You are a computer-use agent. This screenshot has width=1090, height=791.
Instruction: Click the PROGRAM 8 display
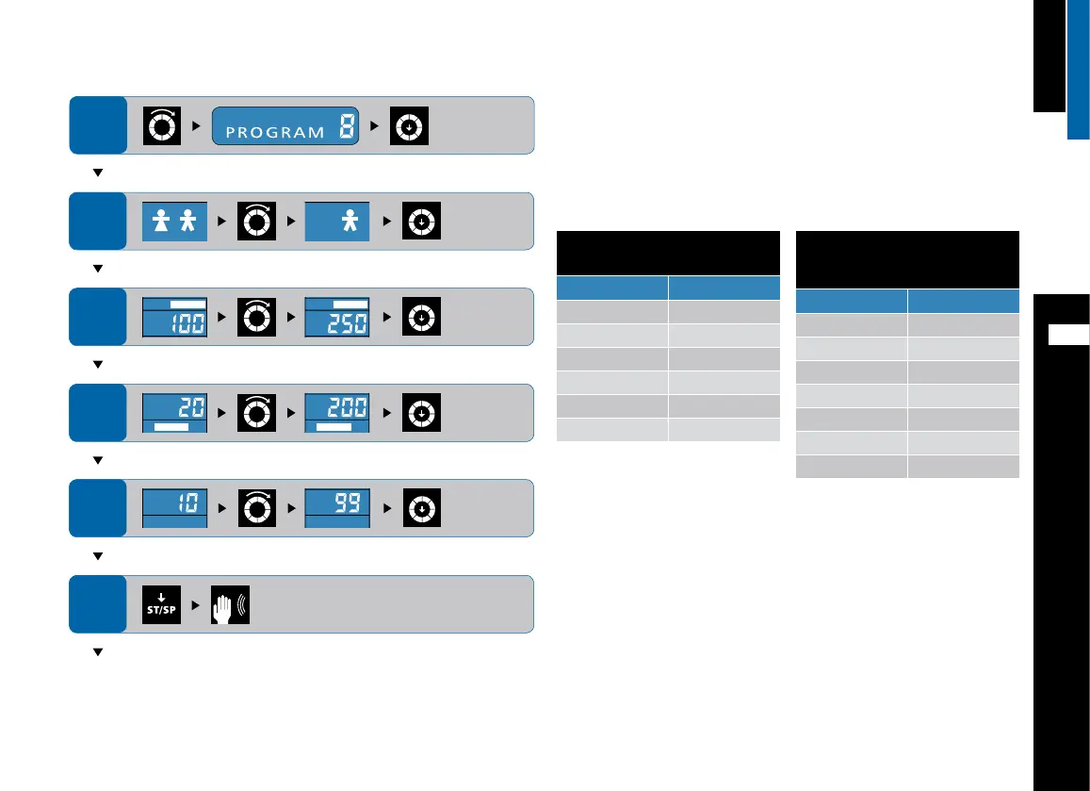pyautogui.click(x=286, y=125)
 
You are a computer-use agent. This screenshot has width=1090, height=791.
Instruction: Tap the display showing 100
pyautogui.click(x=174, y=317)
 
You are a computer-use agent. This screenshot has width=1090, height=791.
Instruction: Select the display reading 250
pyautogui.click(x=337, y=317)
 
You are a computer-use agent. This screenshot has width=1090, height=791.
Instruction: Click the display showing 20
pyautogui.click(x=174, y=413)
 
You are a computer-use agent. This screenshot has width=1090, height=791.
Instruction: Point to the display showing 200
pyautogui.click(x=337, y=413)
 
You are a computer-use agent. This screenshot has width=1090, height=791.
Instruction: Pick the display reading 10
pyautogui.click(x=174, y=508)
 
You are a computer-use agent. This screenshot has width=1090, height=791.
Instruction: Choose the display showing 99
pyautogui.click(x=337, y=508)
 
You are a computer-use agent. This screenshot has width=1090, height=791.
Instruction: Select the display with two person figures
pyautogui.click(x=174, y=222)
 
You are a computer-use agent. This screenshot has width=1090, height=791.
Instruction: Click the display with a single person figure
pyautogui.click(x=337, y=222)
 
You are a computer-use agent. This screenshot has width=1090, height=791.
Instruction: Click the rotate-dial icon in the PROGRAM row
pyautogui.click(x=159, y=125)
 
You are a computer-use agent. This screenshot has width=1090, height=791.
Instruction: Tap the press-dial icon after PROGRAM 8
pyautogui.click(x=411, y=125)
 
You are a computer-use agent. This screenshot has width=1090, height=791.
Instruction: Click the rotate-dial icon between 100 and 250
pyautogui.click(x=256, y=317)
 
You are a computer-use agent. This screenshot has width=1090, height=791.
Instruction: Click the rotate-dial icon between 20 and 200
pyautogui.click(x=256, y=413)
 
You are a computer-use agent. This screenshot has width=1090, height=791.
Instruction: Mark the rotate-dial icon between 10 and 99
pyautogui.click(x=256, y=508)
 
